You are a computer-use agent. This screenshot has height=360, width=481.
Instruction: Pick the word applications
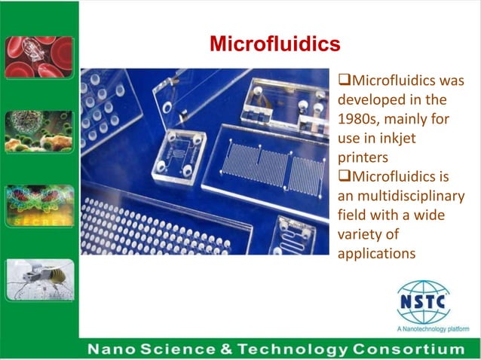(376, 255)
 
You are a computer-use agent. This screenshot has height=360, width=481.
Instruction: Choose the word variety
(359, 236)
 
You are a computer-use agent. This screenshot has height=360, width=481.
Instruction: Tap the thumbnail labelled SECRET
(39, 206)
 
